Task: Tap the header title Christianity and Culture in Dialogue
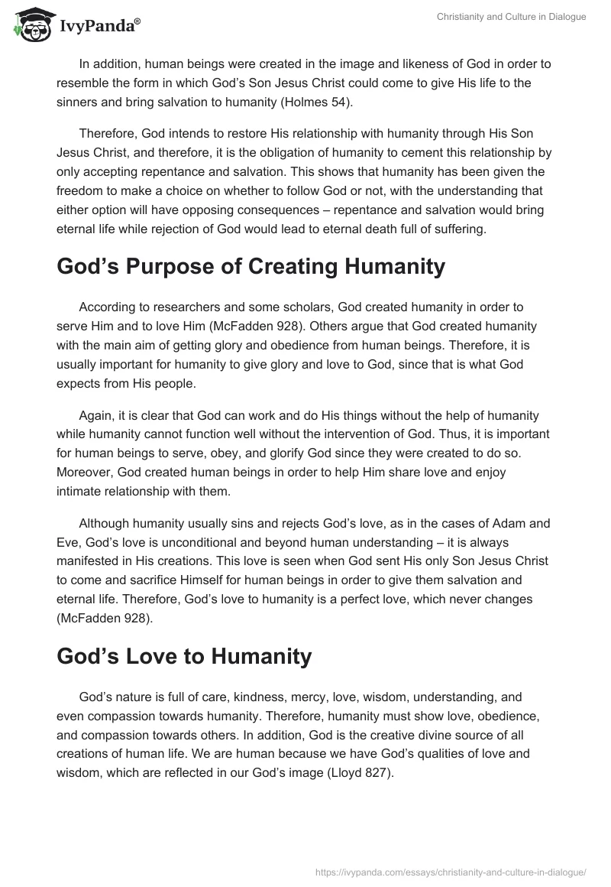511,17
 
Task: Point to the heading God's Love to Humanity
184,655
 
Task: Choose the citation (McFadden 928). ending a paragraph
105,619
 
